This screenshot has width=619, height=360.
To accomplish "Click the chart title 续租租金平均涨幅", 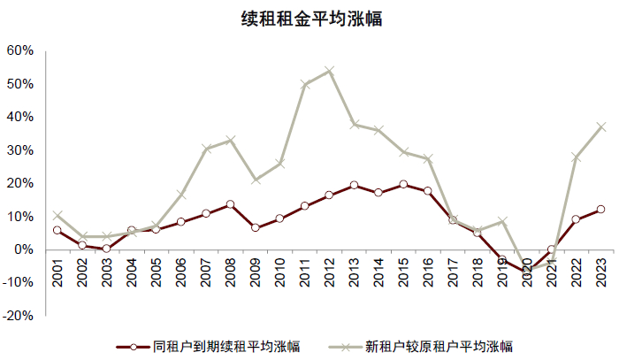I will (310, 19).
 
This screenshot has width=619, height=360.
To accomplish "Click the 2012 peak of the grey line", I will (329, 71).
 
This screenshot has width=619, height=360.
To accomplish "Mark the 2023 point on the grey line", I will (600, 126).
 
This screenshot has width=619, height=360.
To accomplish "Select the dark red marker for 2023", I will (600, 210).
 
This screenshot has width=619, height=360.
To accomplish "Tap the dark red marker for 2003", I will (106, 249).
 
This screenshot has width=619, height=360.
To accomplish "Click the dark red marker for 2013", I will (354, 185).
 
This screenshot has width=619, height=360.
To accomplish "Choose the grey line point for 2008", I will (230, 140).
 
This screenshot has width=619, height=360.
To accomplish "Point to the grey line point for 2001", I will (57, 215).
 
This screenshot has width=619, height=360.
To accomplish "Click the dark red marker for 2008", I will (230, 204).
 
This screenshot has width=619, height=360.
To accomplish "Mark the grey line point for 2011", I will (304, 85).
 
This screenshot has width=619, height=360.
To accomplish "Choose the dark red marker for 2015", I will (403, 184).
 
